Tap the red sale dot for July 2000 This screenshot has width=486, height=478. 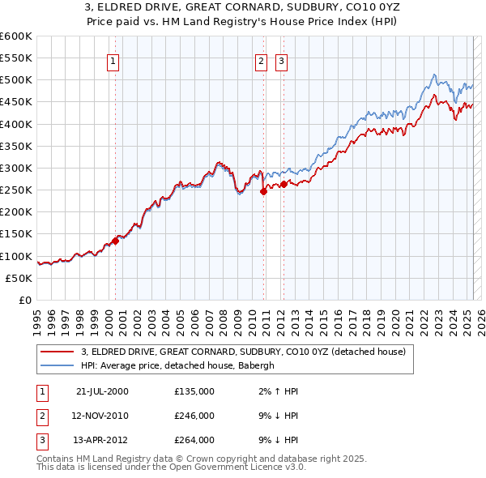116,240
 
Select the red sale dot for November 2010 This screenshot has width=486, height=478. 264,192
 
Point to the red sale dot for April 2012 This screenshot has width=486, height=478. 284,184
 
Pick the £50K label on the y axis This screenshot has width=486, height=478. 19,278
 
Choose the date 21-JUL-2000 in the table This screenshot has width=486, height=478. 102,391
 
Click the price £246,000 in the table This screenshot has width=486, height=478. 194,416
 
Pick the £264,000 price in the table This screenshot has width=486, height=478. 194,440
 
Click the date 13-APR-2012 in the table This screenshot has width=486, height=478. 102,440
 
